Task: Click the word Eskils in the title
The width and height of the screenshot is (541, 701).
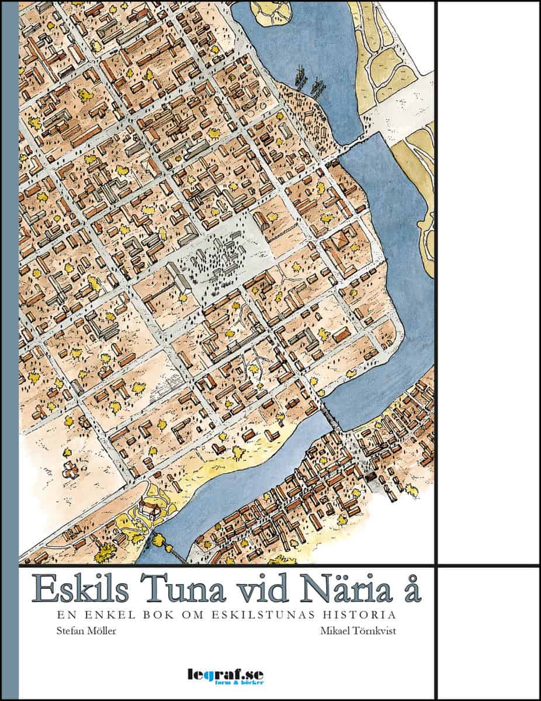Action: [x=81, y=588]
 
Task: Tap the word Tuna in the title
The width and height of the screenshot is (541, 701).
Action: [x=175, y=588]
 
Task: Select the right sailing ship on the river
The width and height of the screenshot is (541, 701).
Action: [x=318, y=86]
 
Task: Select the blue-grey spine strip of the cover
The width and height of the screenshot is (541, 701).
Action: [x=10, y=350]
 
